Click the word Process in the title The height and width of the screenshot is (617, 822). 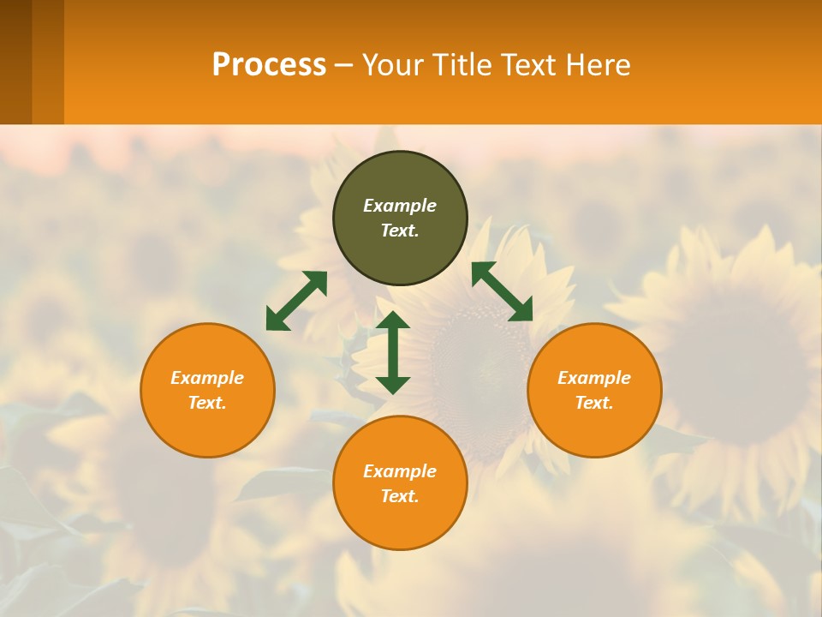click(x=269, y=65)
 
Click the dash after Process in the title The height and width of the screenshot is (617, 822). click(x=343, y=66)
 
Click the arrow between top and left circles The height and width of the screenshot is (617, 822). click(x=296, y=301)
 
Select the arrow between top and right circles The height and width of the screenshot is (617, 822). click(x=502, y=291)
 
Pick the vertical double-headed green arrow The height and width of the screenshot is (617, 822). click(x=393, y=352)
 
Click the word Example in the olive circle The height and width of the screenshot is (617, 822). click(x=400, y=206)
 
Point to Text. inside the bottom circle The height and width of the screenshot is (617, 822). click(x=400, y=496)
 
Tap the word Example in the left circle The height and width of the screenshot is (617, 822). click(x=207, y=378)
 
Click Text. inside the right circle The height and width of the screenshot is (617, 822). click(x=594, y=403)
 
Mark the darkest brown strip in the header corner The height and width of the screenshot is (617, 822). click(x=15, y=62)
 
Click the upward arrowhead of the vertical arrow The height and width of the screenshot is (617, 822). click(x=393, y=320)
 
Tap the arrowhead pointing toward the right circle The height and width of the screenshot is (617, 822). click(x=521, y=310)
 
